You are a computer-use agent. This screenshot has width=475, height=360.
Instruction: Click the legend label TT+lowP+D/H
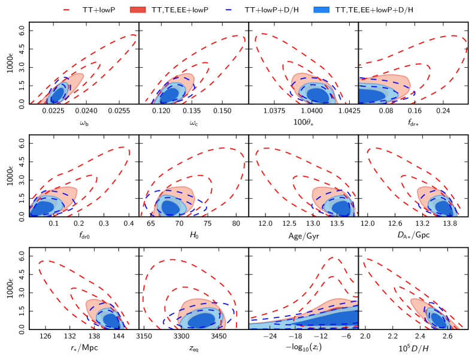point(286,10)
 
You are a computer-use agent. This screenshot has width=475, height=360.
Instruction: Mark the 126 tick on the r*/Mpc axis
point(45,337)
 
